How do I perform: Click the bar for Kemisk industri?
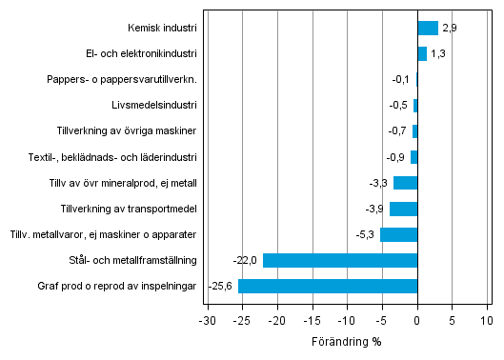(428, 28)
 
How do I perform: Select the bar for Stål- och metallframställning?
(340, 260)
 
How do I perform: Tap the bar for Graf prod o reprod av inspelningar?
(328, 286)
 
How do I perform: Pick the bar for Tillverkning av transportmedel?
(404, 209)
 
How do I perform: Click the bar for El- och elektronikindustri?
(422, 53)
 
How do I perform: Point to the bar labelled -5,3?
(399, 234)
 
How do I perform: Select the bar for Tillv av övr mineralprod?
(406, 183)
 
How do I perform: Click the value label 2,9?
(450, 28)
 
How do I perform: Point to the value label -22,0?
(246, 260)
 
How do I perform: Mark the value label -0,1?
(401, 79)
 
